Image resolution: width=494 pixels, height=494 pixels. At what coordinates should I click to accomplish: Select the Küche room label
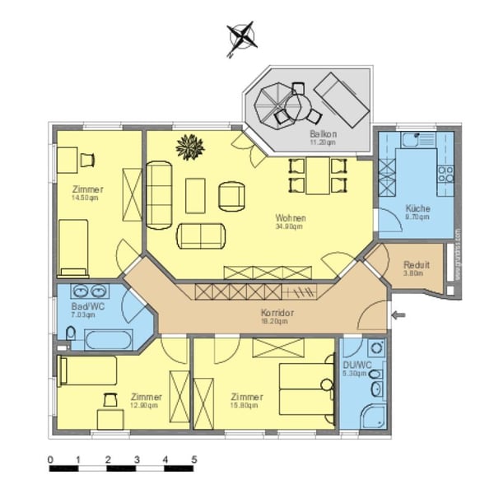pos(418,208)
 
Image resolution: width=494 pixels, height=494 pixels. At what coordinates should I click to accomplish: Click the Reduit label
pos(416,266)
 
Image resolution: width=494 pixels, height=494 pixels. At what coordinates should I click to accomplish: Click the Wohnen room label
pos(291,218)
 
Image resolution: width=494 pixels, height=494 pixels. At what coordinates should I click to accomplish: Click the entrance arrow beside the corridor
pos(399,315)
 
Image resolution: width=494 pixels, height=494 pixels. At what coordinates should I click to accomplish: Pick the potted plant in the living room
pos(190,147)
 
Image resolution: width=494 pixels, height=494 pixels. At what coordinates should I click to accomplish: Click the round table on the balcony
pos(280,104)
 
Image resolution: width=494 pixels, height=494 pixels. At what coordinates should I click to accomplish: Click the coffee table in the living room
pos(196,196)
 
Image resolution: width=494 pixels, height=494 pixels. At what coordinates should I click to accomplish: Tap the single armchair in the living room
pos(232,195)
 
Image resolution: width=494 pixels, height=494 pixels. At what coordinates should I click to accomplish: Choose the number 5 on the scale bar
pos(194,459)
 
